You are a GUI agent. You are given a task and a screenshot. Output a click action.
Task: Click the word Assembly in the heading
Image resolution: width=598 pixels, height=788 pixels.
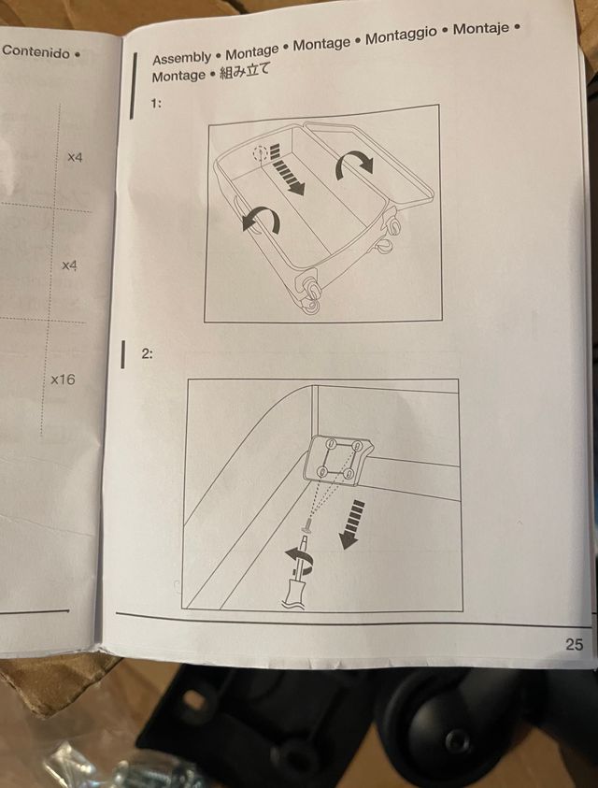pyautogui.click(x=182, y=58)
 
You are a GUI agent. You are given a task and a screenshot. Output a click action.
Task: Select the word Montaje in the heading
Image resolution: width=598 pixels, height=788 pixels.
pyautogui.click(x=481, y=29)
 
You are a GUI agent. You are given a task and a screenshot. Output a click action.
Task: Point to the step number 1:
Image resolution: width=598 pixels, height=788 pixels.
pyautogui.click(x=156, y=104)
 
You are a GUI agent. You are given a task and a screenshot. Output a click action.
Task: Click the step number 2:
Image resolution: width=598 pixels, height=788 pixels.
pyautogui.click(x=147, y=353)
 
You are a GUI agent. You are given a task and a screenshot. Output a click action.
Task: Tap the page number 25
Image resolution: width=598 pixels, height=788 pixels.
pyautogui.click(x=575, y=644)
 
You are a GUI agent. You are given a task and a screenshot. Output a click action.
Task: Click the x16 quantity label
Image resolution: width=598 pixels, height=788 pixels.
pyautogui.click(x=63, y=380)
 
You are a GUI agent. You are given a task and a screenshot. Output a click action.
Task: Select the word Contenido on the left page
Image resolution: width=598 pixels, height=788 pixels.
pyautogui.click(x=36, y=51)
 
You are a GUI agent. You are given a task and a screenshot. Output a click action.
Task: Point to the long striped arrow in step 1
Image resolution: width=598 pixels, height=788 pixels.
pyautogui.click(x=285, y=169)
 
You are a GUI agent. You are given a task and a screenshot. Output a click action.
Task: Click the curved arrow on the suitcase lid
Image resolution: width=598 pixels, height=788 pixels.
pyautogui.click(x=355, y=164)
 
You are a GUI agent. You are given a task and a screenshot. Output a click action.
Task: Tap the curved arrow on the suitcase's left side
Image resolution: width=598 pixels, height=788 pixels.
pyautogui.click(x=261, y=219)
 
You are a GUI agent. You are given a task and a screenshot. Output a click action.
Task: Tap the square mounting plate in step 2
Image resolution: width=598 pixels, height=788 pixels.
pyautogui.click(x=337, y=459)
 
